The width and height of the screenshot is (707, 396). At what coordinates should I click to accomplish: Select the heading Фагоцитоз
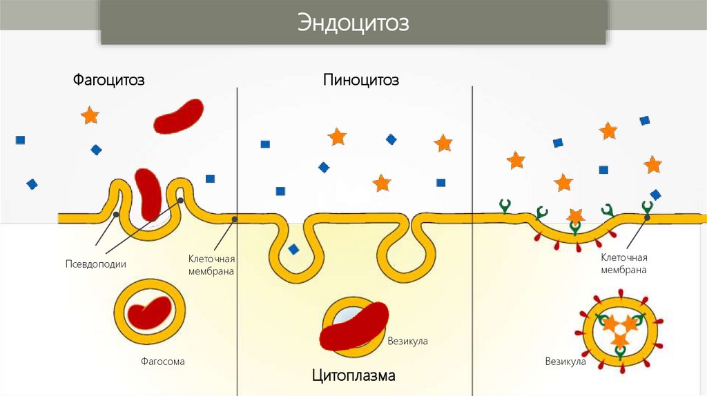tap(109, 80)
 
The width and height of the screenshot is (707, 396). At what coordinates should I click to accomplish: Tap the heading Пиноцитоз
tap(361, 80)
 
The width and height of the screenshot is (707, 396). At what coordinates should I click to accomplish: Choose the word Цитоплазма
tap(353, 376)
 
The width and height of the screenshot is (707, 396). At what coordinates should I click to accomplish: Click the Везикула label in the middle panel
tap(407, 341)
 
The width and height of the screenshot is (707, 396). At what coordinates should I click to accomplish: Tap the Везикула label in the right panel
tap(565, 361)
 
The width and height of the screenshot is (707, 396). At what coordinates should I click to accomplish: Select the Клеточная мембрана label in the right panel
tap(623, 264)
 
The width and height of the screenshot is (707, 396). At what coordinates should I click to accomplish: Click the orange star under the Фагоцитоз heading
tap(90, 115)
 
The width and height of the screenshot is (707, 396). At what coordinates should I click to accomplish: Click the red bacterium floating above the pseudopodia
tap(178, 116)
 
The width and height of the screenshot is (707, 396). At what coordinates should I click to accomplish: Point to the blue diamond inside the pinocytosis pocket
tap(294, 249)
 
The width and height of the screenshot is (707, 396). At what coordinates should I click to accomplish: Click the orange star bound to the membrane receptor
tap(575, 216)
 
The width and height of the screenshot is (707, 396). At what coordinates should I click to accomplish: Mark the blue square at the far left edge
tap(20, 140)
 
